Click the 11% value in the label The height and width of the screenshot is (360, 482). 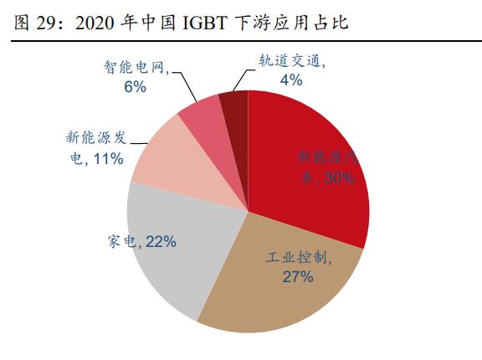(x=108, y=158)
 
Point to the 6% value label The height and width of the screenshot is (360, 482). (x=136, y=87)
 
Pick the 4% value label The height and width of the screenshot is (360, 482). (x=290, y=80)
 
